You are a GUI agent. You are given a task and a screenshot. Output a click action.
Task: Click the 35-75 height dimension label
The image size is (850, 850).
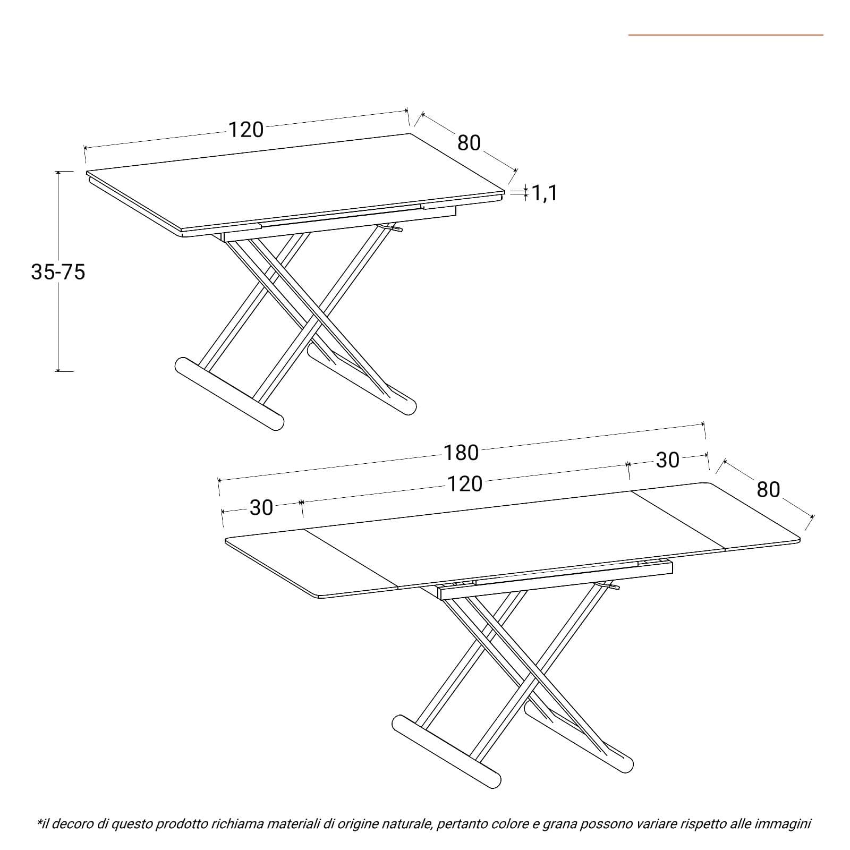pos(58,272)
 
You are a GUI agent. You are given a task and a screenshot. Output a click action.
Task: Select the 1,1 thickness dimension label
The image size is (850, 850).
pos(545,193)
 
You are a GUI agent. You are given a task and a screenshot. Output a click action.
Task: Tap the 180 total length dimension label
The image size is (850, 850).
pos(461,453)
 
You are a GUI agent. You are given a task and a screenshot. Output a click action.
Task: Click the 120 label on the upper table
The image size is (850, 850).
pos(246,130)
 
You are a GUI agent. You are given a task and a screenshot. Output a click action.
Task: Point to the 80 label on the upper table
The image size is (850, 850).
pos(469,143)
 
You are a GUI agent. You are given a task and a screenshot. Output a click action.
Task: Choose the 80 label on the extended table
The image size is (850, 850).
pos(768,489)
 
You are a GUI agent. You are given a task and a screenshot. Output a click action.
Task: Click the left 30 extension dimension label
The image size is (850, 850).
pos(261,508)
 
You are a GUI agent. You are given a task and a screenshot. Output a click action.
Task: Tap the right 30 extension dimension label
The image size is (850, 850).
pos(668,460)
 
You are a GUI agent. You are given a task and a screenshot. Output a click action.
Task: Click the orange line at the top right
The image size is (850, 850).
pos(726,35)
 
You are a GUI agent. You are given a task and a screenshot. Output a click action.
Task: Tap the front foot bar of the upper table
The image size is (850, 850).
pos(229,393)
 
